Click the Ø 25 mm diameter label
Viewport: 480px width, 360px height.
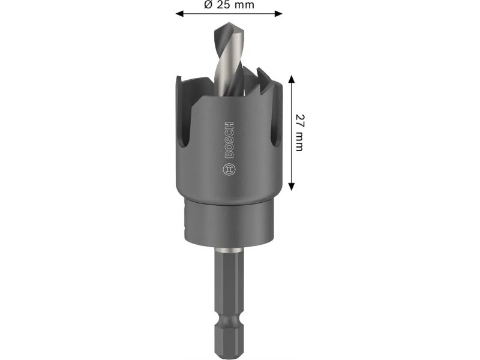229,5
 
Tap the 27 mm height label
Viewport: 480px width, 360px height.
299,133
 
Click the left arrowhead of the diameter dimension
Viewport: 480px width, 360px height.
179,13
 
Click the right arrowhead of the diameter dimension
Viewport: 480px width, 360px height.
278,13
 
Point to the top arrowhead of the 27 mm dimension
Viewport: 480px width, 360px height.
292,79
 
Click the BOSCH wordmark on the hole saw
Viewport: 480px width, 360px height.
229,140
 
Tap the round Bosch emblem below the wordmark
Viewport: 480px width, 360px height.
229,169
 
